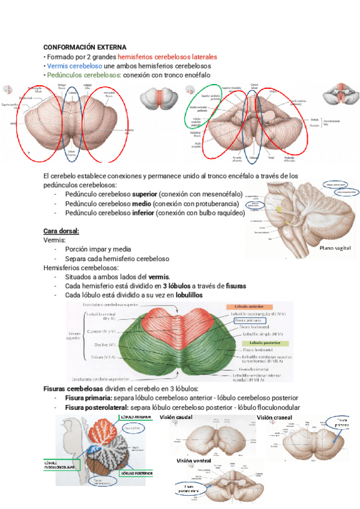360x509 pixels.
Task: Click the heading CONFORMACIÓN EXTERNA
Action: pos(85,47)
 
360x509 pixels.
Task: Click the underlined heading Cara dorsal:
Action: pos(61,231)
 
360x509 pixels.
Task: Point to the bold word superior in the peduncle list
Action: pos(145,194)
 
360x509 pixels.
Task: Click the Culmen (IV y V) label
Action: pos(101,331)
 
